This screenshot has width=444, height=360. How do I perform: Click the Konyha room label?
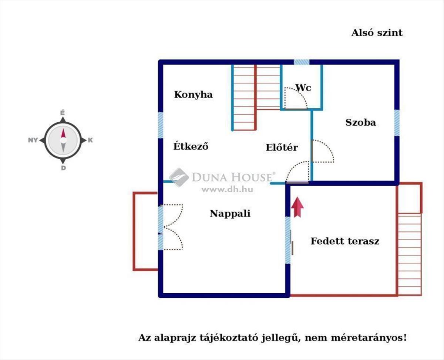[194, 95]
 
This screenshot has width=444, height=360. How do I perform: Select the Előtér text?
[282, 147]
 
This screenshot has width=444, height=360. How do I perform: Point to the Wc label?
[303, 88]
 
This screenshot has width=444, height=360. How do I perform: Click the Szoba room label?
[361, 122]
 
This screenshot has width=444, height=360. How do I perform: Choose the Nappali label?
[230, 214]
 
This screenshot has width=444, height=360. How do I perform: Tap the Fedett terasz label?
[345, 241]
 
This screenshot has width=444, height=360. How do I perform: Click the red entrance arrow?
[297, 207]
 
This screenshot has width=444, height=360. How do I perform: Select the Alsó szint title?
[377, 33]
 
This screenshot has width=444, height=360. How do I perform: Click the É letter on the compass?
[63, 113]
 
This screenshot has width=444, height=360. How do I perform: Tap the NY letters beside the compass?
[33, 140]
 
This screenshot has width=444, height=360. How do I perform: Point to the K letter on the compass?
[90, 140]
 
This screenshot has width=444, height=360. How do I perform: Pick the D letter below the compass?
[63, 168]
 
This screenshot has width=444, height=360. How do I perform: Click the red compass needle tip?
[63, 129]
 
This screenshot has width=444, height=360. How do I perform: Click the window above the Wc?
[302, 62]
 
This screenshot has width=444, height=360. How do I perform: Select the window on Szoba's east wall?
[397, 123]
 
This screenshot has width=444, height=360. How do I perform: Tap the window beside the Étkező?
[161, 125]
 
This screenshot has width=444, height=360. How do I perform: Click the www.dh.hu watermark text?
[228, 189]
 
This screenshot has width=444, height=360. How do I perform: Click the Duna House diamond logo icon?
[179, 177]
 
